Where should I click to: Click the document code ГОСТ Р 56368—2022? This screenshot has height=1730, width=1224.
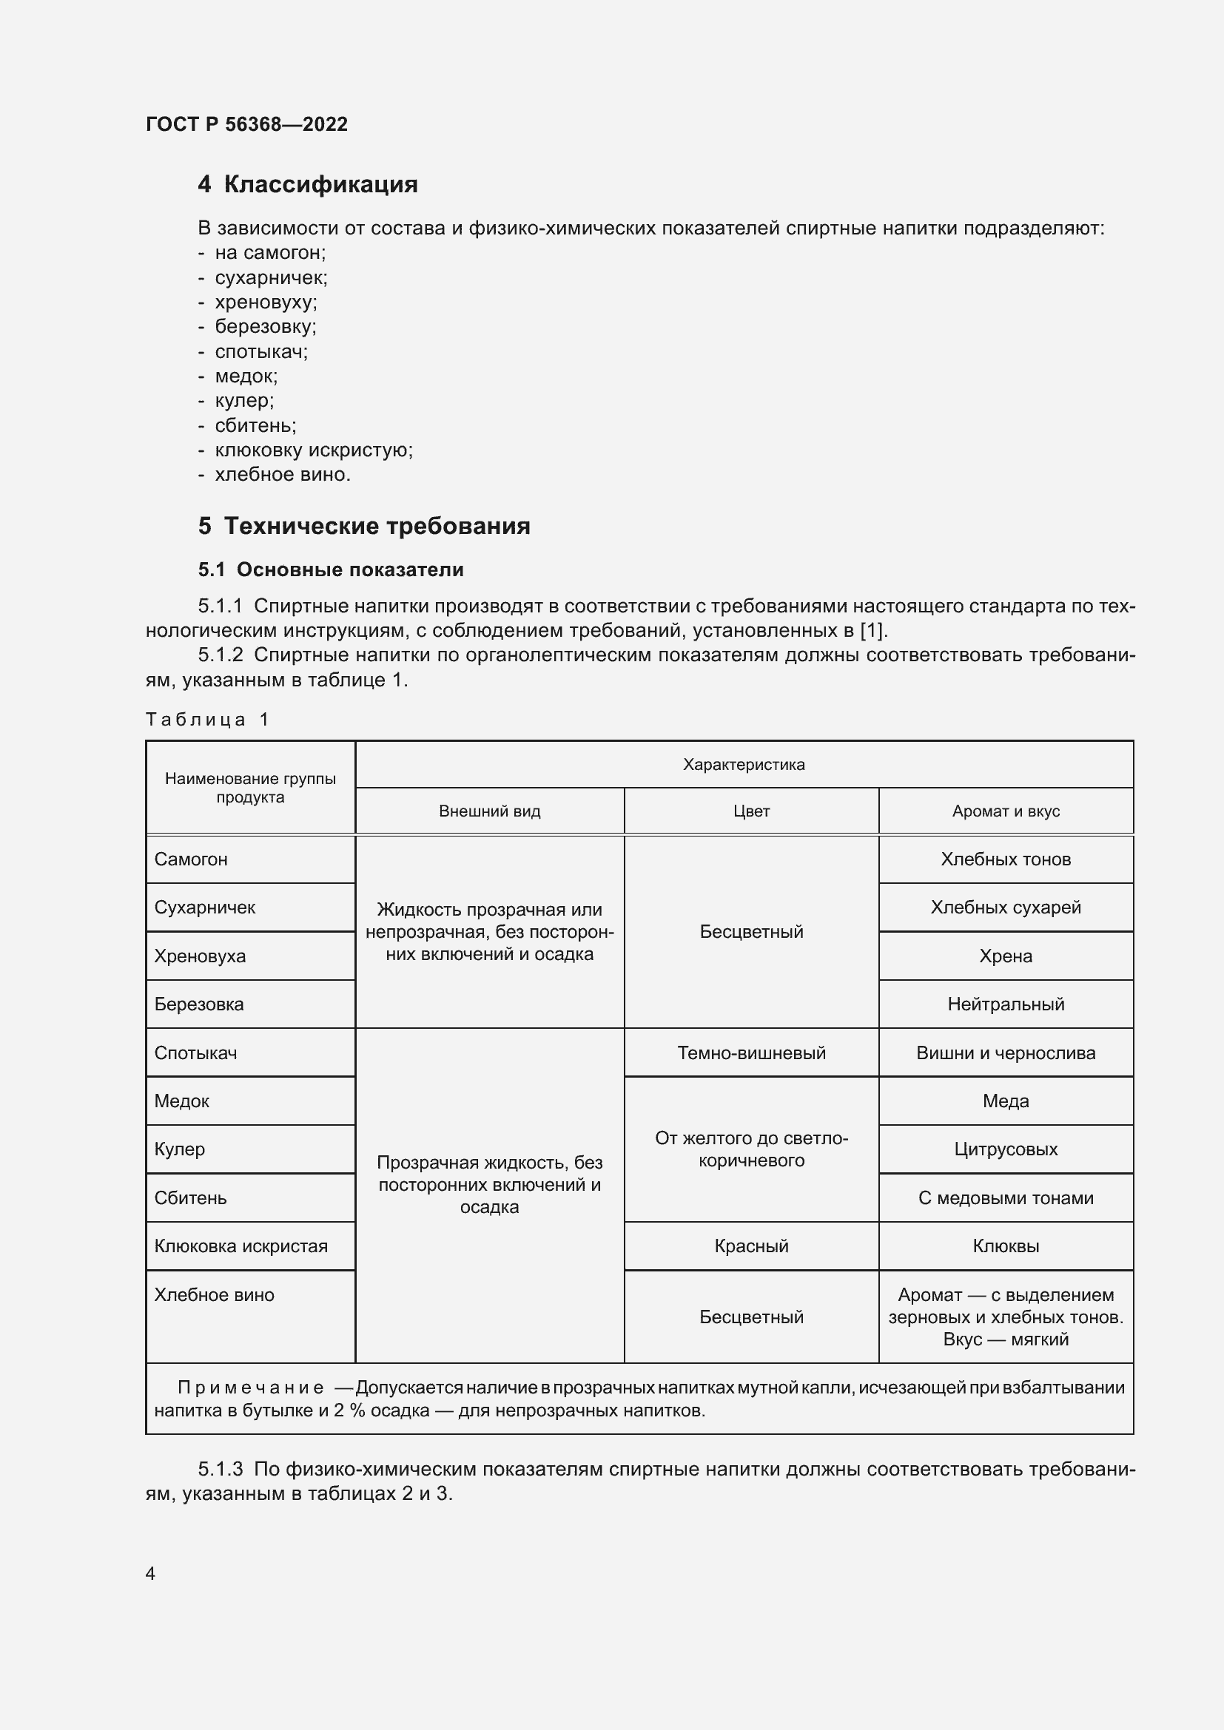pos(246,124)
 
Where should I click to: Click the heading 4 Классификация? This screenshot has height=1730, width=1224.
pos(308,185)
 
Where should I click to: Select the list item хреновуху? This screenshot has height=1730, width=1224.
pos(266,303)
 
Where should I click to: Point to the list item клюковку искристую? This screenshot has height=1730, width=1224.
pos(314,450)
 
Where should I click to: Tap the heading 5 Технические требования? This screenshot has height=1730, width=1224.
pos(364,526)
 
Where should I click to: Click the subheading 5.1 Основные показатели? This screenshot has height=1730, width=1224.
pos(331,570)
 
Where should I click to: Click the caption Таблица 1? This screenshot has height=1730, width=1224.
pos(206,720)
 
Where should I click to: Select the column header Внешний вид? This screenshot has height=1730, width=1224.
pos(489,811)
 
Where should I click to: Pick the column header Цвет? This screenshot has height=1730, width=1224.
pos(750,811)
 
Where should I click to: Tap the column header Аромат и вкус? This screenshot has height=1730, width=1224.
pos(1006,811)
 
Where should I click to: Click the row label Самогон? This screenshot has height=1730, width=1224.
pos(191,859)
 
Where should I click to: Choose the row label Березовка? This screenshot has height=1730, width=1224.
pos(199,1004)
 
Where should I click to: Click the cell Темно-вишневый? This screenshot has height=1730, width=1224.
pos(750,1053)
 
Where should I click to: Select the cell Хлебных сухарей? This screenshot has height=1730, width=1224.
pos(1006,908)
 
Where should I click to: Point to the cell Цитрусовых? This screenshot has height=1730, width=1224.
pos(1006,1150)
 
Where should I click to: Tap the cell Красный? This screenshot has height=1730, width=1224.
pos(750,1246)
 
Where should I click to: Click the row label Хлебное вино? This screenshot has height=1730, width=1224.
pos(214,1295)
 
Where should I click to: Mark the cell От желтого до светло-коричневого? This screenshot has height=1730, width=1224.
pos(750,1150)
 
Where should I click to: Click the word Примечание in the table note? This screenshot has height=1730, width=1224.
pos(250,1388)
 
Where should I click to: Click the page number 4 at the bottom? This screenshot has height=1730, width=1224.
pos(150,1573)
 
